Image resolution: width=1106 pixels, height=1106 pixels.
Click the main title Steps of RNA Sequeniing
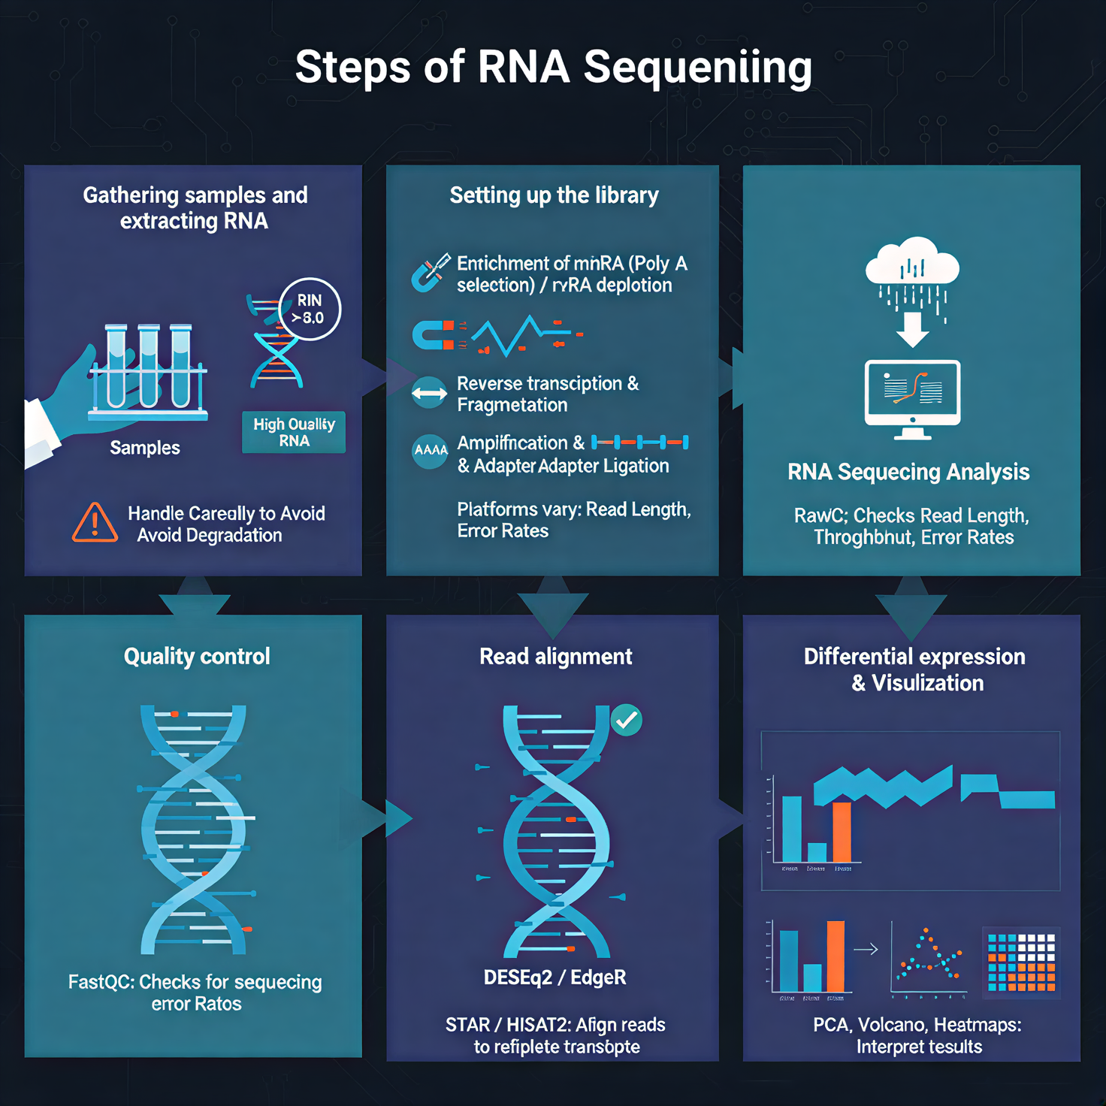(553, 67)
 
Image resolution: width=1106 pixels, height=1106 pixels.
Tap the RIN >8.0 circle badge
(310, 309)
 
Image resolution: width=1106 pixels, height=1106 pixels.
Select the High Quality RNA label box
(294, 432)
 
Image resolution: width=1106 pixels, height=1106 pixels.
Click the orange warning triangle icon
(95, 523)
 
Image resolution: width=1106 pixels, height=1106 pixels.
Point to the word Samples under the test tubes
(145, 448)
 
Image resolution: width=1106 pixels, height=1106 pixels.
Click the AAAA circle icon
(431, 450)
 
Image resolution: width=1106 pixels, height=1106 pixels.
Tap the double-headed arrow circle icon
(429, 393)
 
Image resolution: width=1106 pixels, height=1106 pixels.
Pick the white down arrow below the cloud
(912, 329)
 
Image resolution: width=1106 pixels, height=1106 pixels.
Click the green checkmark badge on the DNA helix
(626, 721)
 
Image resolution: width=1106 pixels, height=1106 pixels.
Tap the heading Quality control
(197, 657)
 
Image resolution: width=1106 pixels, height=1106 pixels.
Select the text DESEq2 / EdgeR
(555, 978)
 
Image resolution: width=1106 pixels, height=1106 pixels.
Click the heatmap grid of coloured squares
(1021, 962)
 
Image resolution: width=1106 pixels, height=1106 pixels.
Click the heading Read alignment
(555, 657)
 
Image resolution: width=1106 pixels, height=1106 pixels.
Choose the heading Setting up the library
(554, 195)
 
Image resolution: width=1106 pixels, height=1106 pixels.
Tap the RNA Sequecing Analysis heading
(908, 472)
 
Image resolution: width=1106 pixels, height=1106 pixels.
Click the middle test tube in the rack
(149, 367)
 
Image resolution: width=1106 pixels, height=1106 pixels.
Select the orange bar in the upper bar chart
(842, 832)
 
